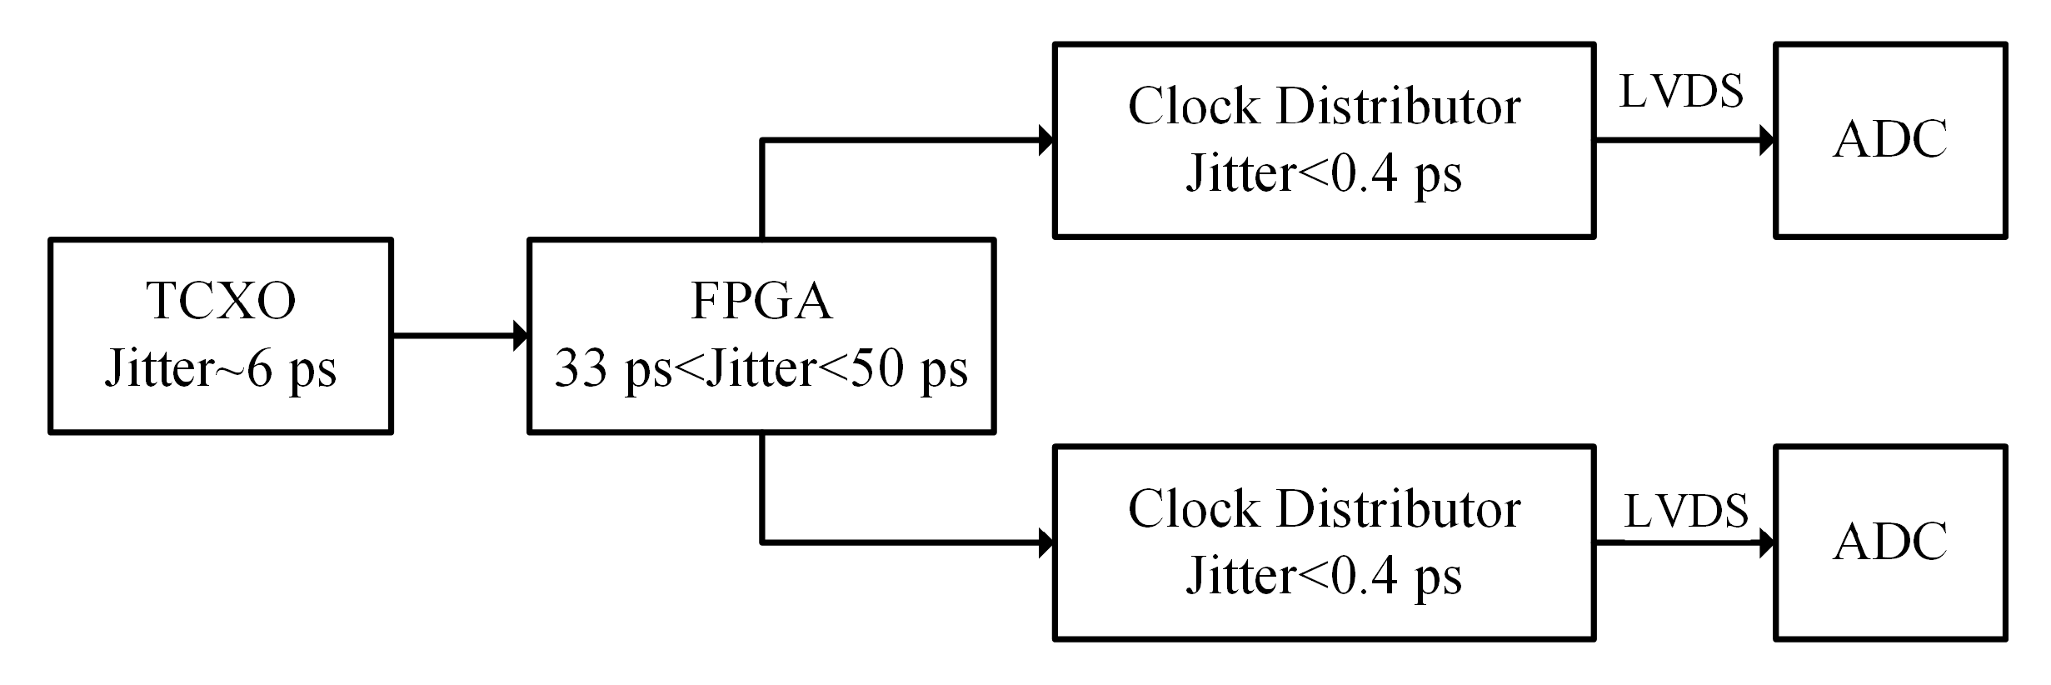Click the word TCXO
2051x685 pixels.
click(x=221, y=301)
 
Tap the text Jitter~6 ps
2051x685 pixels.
click(x=221, y=368)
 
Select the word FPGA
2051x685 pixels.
click(x=761, y=301)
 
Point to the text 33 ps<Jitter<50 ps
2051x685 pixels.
click(x=761, y=368)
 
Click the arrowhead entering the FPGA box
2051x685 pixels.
click(x=521, y=336)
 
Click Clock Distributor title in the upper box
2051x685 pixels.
click(x=1324, y=107)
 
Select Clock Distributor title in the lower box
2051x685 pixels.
click(x=1324, y=509)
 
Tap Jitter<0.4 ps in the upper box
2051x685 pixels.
click(x=1324, y=174)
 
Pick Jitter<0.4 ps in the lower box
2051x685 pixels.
click(x=1324, y=576)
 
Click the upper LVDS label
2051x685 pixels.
click(x=1681, y=92)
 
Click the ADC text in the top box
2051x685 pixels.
click(x=1890, y=139)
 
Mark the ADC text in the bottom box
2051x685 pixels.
click(x=1890, y=542)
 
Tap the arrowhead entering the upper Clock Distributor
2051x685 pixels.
click(x=1046, y=140)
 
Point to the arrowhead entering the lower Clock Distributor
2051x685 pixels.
click(x=1046, y=543)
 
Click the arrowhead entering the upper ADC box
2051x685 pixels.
click(x=1767, y=140)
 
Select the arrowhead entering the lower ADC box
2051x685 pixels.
click(x=1767, y=543)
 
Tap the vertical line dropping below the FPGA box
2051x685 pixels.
click(x=761, y=488)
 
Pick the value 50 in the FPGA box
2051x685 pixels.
click(x=876, y=368)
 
